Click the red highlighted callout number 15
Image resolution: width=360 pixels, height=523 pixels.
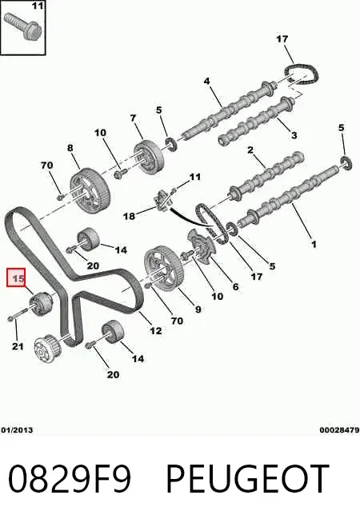coord(18,278)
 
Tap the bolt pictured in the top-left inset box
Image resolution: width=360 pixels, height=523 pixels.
coord(22,25)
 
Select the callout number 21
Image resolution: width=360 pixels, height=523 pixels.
coord(18,346)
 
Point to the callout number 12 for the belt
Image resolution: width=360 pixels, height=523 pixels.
coord(156,330)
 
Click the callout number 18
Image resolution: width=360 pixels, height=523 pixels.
coord(129,216)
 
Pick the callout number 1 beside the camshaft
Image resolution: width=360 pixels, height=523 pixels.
coord(314,244)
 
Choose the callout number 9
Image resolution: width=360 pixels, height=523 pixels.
coord(198,309)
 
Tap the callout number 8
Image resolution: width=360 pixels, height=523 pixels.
coord(70,147)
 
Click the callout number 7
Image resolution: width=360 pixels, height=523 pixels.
coord(133,118)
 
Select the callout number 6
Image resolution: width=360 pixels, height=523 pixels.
coord(235,286)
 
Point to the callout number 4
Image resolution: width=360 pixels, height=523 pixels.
coord(207,81)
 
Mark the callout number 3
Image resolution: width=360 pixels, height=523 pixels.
coord(294,135)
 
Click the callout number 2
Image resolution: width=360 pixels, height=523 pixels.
coord(250,150)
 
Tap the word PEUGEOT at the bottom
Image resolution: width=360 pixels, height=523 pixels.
coord(247,479)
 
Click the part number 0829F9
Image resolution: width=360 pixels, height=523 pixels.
coord(70,479)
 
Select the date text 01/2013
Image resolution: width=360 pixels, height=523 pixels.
coord(17,430)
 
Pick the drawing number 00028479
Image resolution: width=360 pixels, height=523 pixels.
coord(340,430)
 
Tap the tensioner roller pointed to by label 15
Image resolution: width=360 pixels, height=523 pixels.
coord(42,303)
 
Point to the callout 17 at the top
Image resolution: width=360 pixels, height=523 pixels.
coord(282,39)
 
